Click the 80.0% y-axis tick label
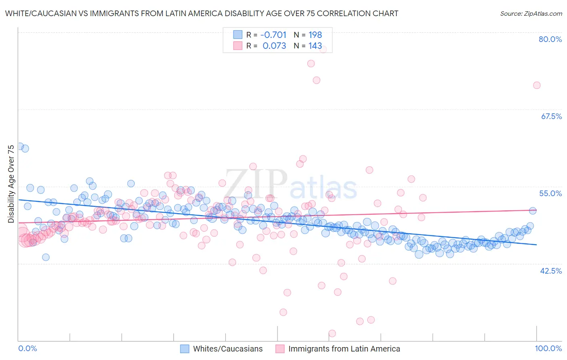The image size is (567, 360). (x=550, y=39)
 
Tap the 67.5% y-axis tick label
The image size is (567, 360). (x=551, y=116)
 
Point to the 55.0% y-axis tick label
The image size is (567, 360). (x=550, y=193)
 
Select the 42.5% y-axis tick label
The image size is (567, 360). (x=551, y=271)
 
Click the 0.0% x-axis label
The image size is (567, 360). (x=27, y=348)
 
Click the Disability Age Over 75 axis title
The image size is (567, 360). (x=11, y=184)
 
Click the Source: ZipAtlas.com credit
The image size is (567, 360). (x=531, y=13)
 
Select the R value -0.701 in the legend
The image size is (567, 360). (x=273, y=35)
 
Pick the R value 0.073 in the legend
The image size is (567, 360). (x=274, y=46)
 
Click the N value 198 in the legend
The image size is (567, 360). (x=315, y=35)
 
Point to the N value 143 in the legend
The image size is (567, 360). (x=315, y=46)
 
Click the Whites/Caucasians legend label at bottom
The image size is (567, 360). (x=227, y=349)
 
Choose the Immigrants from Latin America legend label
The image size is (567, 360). (x=344, y=349)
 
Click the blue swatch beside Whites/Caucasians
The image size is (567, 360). (x=185, y=349)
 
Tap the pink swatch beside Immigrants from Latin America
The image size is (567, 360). (x=280, y=349)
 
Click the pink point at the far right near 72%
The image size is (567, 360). (x=536, y=85)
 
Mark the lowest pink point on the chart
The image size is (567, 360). (x=332, y=333)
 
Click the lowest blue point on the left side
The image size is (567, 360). (x=46, y=257)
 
